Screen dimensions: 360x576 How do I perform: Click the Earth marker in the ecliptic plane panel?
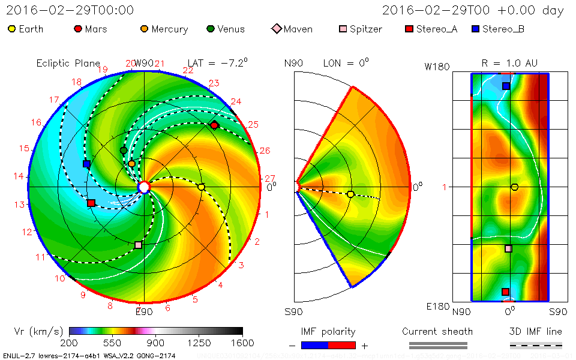click(202, 187)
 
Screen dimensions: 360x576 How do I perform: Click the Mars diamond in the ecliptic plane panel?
click(214, 125)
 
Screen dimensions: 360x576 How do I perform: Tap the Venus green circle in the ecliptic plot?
click(124, 150)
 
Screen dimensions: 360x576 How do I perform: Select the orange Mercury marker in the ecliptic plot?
click(132, 164)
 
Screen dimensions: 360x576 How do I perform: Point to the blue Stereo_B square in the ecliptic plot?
click(86, 164)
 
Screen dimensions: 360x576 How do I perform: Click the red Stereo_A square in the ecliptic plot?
click(91, 203)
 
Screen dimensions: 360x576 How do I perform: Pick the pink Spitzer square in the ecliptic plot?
click(139, 245)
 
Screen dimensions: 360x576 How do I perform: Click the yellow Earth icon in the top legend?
click(11, 29)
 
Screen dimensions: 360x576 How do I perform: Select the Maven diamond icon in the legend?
click(276, 29)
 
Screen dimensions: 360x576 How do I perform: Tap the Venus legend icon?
click(210, 29)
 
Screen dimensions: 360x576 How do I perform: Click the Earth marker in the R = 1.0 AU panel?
click(514, 187)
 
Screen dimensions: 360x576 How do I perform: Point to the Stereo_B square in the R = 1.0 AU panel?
click(506, 86)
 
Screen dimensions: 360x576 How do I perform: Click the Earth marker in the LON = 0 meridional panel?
click(350, 194)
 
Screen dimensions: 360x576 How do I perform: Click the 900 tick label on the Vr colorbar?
click(156, 343)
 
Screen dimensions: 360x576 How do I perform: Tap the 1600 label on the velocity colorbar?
click(242, 343)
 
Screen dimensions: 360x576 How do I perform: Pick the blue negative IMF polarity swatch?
click(314, 345)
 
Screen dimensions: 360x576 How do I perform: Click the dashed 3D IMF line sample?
click(536, 345)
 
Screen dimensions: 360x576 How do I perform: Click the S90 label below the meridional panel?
click(294, 311)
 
